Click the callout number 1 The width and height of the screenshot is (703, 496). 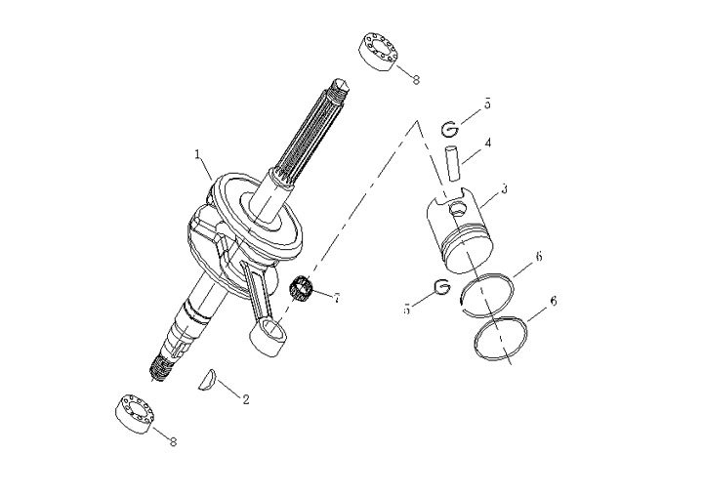pos(197,154)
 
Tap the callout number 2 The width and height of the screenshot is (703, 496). pos(246,399)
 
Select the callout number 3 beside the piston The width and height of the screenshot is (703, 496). pos(505,188)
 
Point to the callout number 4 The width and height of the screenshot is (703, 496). pos(488,144)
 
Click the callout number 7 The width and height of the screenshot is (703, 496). pos(336,298)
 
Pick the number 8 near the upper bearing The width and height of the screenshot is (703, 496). pos(416,80)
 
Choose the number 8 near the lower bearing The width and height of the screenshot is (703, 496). pos(173,441)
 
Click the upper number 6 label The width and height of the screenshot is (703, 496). pos(539,257)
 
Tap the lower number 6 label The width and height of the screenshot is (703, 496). pos(554,301)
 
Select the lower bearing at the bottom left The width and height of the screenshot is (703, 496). pos(135,414)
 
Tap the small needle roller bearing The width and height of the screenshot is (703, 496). pos(301,288)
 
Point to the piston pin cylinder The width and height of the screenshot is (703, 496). pos(453,163)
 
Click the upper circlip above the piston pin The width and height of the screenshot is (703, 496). pos(450,130)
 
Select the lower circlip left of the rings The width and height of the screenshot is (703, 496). pos(441,286)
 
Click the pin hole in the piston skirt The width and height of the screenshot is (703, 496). pos(457,208)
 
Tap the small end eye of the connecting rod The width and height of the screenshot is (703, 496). pos(269,338)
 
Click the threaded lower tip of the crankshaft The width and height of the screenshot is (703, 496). pos(161,369)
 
